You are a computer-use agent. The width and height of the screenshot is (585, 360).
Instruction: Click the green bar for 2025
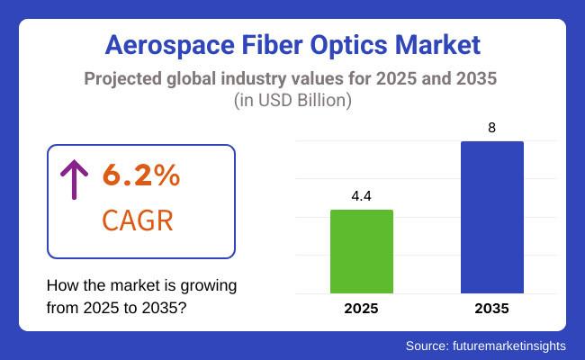[362, 251]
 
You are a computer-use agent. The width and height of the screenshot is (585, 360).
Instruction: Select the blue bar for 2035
[491, 217]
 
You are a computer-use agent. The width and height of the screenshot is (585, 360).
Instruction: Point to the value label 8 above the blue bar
[491, 127]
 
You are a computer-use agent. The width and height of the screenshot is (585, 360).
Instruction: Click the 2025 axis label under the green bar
[362, 309]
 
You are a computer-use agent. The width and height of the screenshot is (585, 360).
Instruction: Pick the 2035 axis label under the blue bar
[491, 309]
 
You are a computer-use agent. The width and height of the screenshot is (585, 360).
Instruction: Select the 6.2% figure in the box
[141, 175]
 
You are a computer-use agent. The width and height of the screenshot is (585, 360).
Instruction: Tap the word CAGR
[138, 220]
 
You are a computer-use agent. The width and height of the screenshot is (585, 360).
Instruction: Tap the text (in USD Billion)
[292, 101]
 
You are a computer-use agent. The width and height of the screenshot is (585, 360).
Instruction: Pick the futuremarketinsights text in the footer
[511, 345]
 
